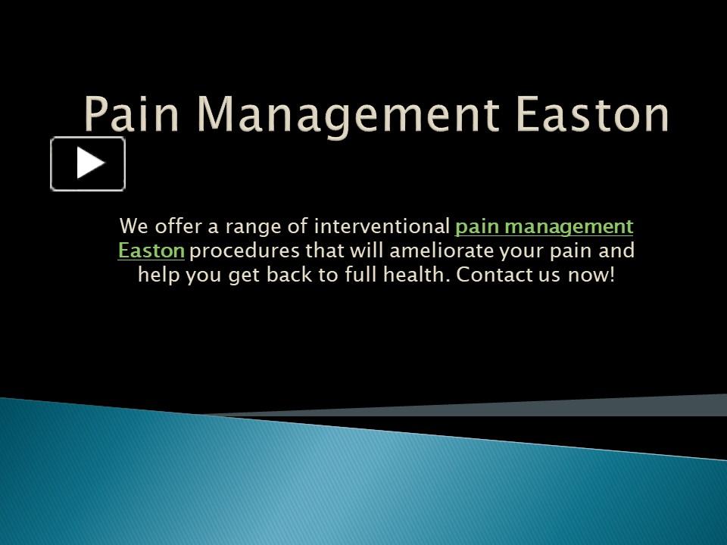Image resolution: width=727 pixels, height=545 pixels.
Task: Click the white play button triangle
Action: pos(89,163)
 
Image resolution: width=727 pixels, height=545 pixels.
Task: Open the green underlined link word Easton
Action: pos(151,251)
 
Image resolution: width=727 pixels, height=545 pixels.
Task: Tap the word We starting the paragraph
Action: pos(133,226)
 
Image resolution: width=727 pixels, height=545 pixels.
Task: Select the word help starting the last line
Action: pos(157,275)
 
